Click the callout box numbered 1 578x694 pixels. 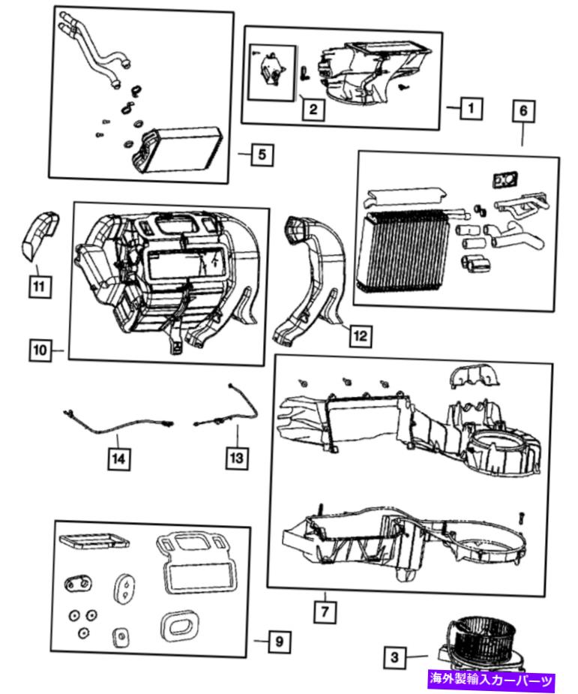[471, 108]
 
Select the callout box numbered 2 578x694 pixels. [313, 109]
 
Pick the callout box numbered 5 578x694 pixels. [262, 155]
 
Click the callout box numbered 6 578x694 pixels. [523, 110]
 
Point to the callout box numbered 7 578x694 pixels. [325, 612]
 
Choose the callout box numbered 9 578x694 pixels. [280, 641]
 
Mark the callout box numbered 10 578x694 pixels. [40, 350]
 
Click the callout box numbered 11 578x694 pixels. [40, 287]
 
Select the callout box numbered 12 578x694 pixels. [361, 336]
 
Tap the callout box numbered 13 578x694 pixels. [237, 458]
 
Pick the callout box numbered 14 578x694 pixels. [119, 458]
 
